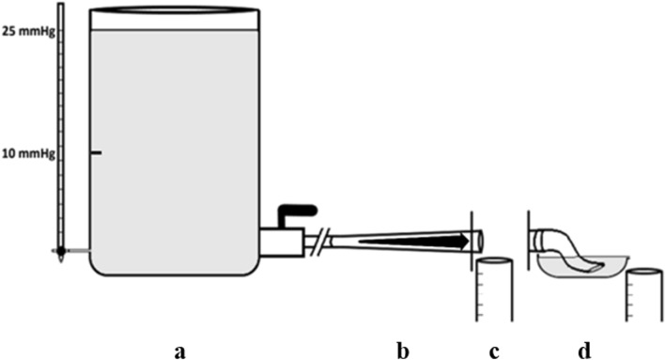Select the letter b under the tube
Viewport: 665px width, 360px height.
[403, 351]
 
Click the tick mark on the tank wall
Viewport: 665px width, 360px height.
[96, 153]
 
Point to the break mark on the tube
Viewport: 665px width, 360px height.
[322, 240]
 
